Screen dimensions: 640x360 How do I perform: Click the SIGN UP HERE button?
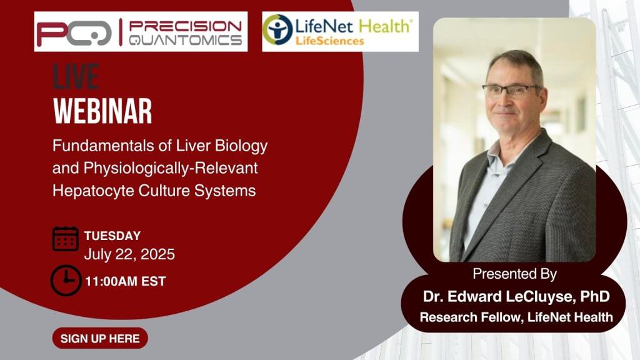100,338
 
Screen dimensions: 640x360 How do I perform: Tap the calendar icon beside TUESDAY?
65,239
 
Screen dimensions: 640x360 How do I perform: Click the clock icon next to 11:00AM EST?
66,281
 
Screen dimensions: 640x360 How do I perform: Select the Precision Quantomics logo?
141,31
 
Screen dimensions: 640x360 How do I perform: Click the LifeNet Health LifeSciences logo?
340,31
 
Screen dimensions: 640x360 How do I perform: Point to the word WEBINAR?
102,111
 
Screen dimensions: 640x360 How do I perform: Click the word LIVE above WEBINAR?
76,76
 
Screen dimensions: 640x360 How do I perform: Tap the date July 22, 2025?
129,254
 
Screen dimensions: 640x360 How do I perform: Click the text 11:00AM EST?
125,281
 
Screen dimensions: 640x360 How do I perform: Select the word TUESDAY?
112,236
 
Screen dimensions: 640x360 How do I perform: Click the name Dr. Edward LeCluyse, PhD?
516,296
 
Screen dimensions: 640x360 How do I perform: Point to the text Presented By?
515,274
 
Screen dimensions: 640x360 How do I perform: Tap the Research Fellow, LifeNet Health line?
516,317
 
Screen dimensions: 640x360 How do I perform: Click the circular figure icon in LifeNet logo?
277,29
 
